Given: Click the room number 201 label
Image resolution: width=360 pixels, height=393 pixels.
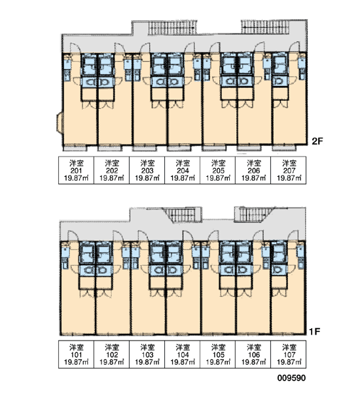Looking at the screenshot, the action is [76, 171].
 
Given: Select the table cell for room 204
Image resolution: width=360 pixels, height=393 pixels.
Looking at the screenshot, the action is [183, 170].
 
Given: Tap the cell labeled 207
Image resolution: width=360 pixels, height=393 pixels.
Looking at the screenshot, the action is [289, 170].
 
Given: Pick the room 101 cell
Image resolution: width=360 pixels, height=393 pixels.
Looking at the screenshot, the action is [76, 354].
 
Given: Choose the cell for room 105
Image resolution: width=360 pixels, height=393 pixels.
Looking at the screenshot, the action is [218, 354].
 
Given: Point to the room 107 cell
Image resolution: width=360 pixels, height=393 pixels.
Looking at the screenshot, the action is [289, 354].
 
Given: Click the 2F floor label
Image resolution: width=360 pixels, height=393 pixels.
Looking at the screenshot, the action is [317, 141].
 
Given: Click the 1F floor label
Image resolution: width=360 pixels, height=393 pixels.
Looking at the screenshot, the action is [315, 331].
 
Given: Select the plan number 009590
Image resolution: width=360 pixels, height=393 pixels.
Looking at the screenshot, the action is [291, 378].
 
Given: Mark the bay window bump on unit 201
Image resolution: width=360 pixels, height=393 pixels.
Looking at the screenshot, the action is [60, 122].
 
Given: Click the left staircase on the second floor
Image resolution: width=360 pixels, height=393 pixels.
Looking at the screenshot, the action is [172, 28].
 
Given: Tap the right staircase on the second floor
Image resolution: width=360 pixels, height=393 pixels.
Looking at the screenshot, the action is [265, 27].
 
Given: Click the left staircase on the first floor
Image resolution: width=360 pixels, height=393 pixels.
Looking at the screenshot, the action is [183, 215].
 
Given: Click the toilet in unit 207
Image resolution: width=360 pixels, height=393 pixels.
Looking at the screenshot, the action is [279, 81].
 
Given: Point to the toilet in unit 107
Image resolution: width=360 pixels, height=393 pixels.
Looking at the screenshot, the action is [278, 270].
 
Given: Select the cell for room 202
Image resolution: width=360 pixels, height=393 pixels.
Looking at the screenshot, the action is [111, 170].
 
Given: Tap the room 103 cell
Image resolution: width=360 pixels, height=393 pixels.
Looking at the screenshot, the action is [147, 354].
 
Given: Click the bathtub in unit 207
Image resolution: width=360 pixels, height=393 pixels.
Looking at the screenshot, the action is [280, 64].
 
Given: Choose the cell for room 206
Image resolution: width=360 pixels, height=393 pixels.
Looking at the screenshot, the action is [253, 170].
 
